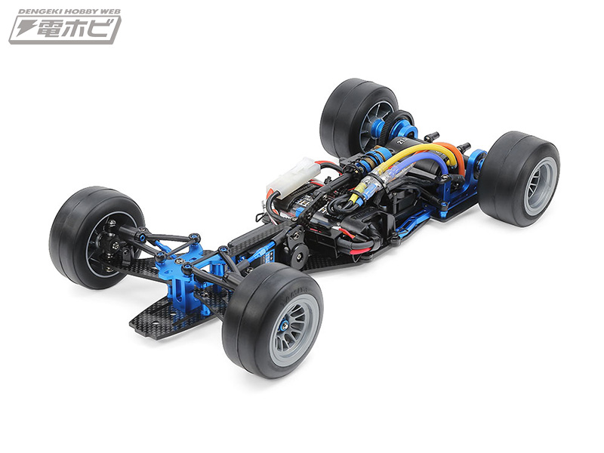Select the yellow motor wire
coord(411,152)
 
